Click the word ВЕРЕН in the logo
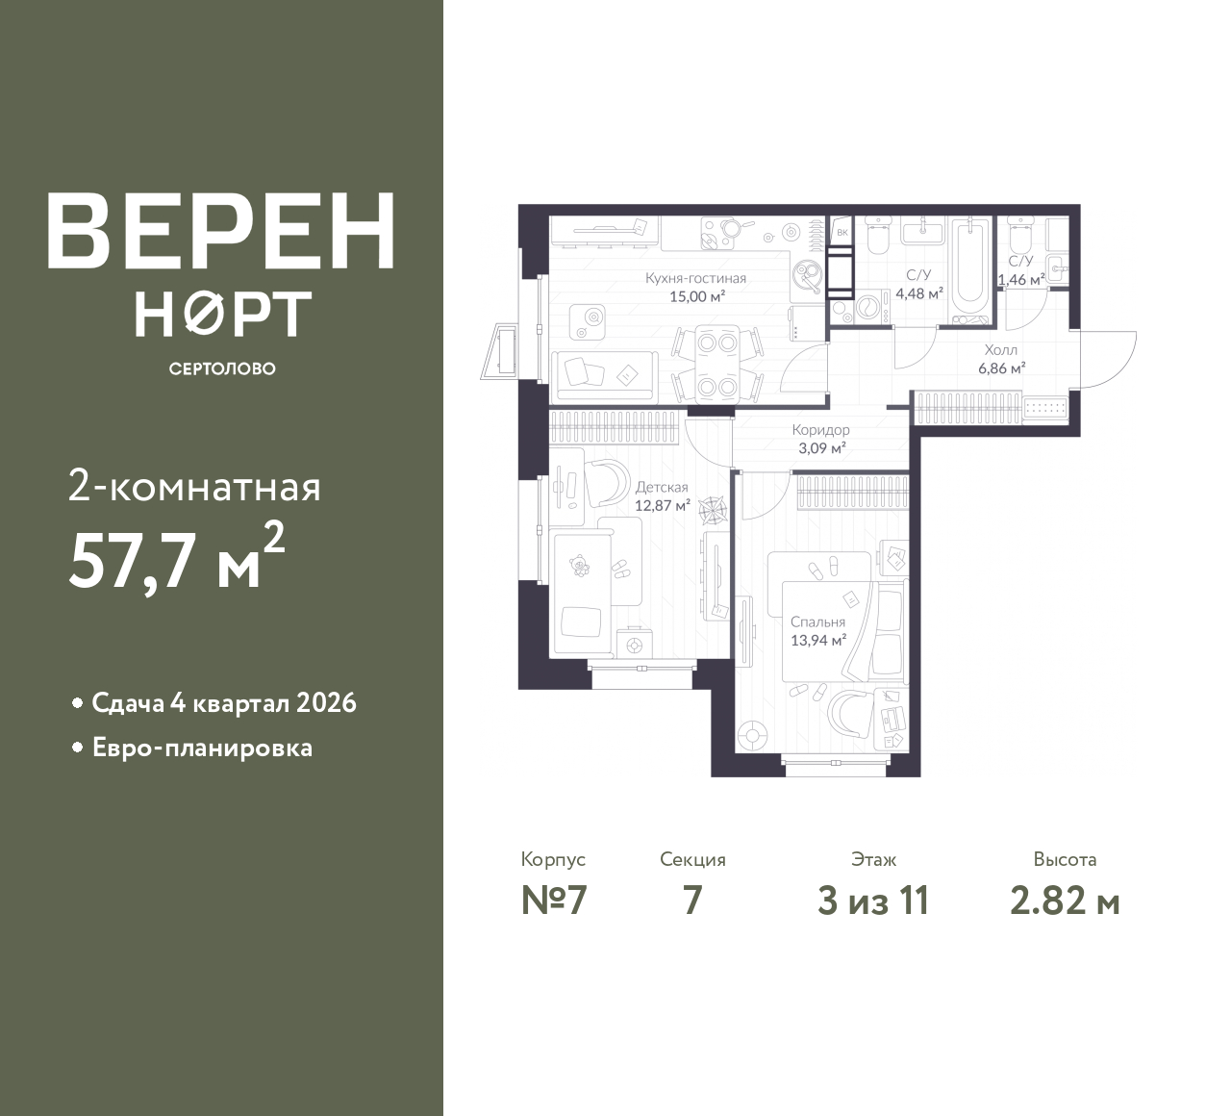[x=221, y=231]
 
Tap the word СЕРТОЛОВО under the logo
[x=222, y=368]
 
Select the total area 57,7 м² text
[x=177, y=557]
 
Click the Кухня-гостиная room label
[x=696, y=279]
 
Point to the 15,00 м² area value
[x=697, y=297]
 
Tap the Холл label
[x=1001, y=350]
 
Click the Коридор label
[x=820, y=430]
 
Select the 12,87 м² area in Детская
[x=662, y=506]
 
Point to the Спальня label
[x=818, y=621]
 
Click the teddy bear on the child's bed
[x=579, y=565]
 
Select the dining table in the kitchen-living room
[x=716, y=366]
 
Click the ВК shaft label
[x=842, y=233]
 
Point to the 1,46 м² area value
[x=1021, y=280]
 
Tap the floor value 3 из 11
[x=873, y=901]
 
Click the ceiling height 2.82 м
[x=1066, y=901]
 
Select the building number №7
[x=554, y=901]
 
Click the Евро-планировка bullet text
[x=202, y=748]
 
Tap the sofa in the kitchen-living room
[x=605, y=375]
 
